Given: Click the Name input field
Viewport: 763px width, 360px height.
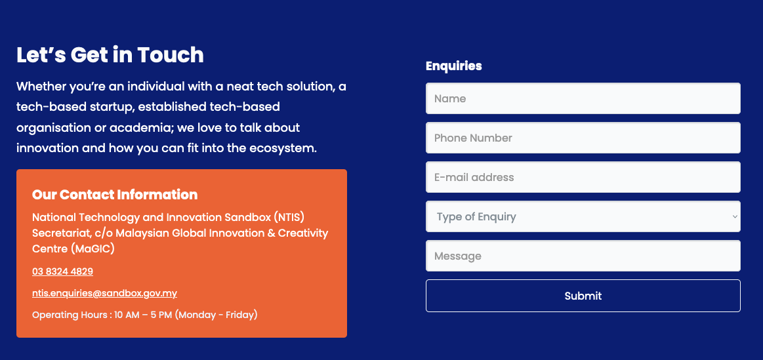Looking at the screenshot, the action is tap(583, 98).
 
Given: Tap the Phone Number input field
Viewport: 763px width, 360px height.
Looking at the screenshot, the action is tap(583, 138).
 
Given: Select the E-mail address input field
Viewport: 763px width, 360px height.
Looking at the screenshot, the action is tap(583, 177).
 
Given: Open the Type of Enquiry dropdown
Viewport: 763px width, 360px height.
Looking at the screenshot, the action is tap(583, 216).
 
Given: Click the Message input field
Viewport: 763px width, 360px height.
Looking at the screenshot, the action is tap(583, 256).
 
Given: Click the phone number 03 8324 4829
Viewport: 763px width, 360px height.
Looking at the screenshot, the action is tap(63, 271).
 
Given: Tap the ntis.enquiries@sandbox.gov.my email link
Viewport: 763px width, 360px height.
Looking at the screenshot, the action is tap(104, 293).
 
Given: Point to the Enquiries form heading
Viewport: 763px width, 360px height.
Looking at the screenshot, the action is tap(453, 66).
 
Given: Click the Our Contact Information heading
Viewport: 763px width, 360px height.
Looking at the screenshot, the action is tap(115, 195).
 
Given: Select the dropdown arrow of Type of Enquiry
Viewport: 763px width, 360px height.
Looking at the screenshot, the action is tap(735, 216).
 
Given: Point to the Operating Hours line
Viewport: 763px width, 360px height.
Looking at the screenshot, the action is tap(144, 315).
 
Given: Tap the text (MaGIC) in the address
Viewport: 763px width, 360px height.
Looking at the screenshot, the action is tap(93, 249).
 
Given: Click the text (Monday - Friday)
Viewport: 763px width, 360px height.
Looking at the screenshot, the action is tap(216, 315).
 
